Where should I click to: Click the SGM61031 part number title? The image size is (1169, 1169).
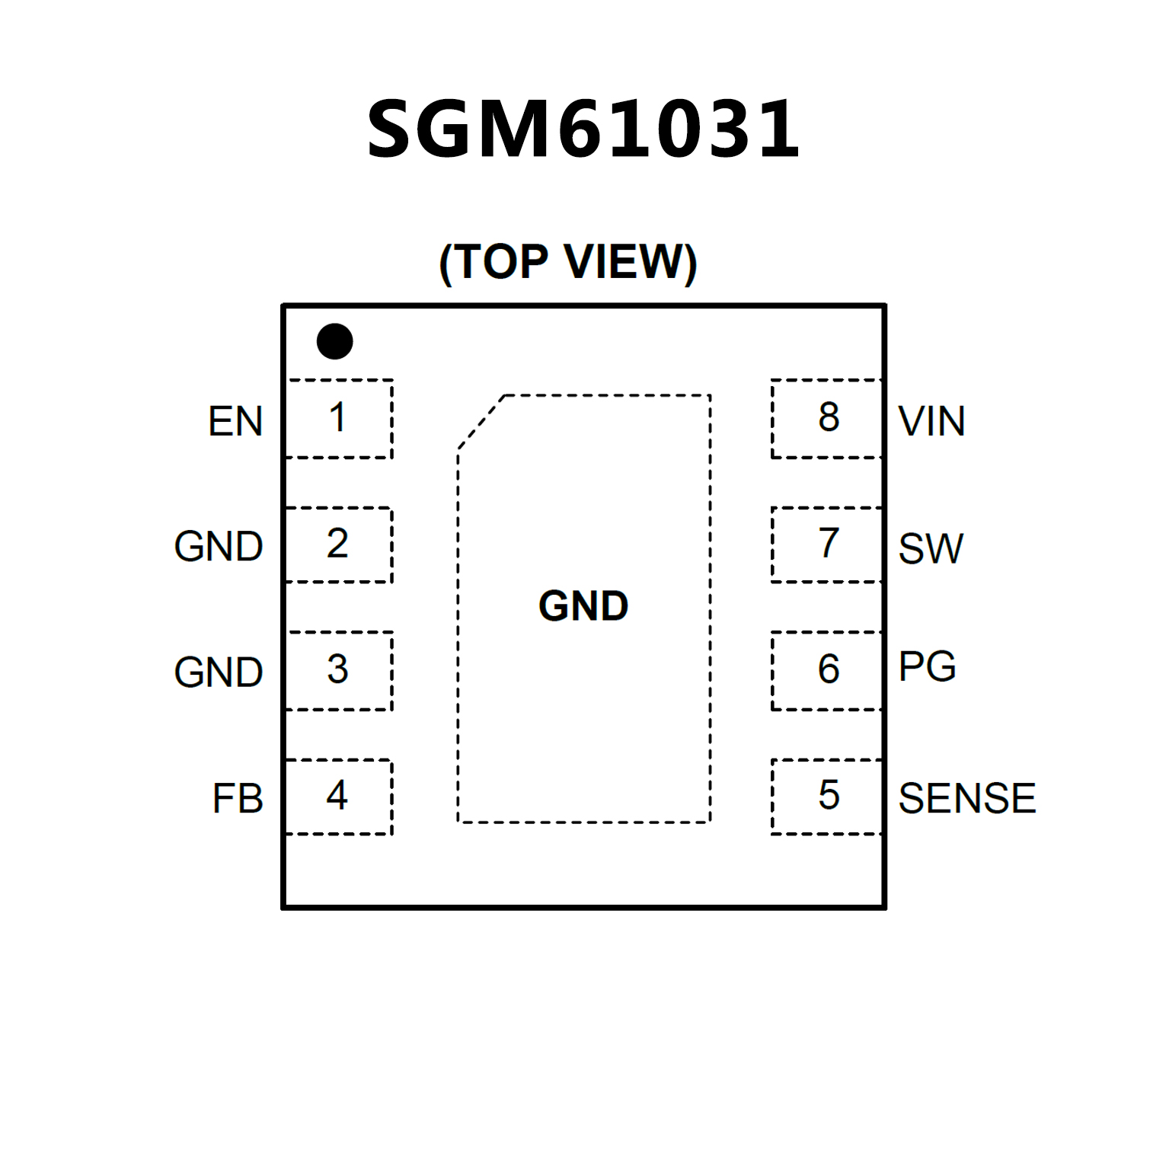coord(583,129)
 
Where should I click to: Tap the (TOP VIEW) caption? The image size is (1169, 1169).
coord(568,263)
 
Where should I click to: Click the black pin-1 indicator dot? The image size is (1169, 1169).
coord(334,341)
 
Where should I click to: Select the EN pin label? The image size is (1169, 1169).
coord(235,421)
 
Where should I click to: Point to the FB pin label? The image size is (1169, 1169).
coord(238,798)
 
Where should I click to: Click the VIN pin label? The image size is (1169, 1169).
coord(931,421)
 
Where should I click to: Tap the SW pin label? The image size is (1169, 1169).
coord(931,548)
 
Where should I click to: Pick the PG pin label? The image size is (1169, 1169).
coord(927,667)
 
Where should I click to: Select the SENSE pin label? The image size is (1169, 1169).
coord(967,798)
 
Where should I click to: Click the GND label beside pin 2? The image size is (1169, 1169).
coord(219,546)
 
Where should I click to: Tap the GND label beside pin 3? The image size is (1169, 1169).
coord(219,672)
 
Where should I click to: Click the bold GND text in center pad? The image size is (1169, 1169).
coord(583,606)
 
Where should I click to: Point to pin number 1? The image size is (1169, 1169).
coord(337,417)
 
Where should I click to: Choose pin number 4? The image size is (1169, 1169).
coord(337,795)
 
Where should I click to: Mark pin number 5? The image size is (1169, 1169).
coord(829,795)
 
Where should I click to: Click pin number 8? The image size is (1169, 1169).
coord(829,417)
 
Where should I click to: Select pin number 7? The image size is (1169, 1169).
coord(829,543)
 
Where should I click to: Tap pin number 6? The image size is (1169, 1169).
coord(829,669)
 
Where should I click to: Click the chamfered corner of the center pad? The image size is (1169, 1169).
coord(481,422)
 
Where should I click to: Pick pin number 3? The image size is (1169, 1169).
coord(337,669)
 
